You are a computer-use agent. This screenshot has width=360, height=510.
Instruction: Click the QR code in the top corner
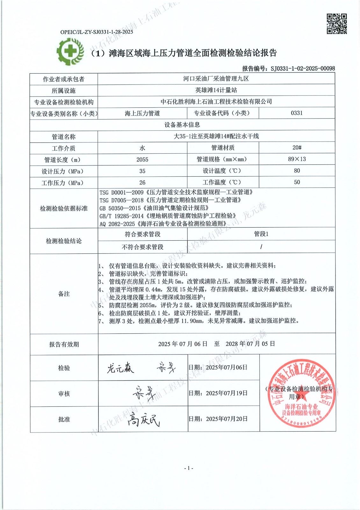pyautogui.click(x=337, y=24)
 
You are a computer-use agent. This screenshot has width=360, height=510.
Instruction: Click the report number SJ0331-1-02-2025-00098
pyautogui.click(x=302, y=68)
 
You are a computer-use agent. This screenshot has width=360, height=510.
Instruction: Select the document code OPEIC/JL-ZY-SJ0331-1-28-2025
pyautogui.click(x=97, y=32)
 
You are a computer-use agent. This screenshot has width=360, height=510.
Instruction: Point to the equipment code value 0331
pyautogui.click(x=297, y=113)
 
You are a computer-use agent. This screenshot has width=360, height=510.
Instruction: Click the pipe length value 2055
pyautogui.click(x=142, y=159)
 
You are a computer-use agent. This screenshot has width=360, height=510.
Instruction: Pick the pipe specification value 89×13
pyautogui.click(x=297, y=159)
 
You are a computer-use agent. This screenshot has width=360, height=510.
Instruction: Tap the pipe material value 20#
pyautogui.click(x=297, y=148)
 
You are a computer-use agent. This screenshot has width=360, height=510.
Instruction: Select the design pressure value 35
pyautogui.click(x=142, y=171)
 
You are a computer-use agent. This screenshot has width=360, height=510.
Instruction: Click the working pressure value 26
pyautogui.click(x=142, y=183)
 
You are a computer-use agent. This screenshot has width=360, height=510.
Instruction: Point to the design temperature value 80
pyautogui.click(x=297, y=171)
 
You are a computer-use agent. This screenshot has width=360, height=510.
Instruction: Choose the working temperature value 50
pyautogui.click(x=297, y=182)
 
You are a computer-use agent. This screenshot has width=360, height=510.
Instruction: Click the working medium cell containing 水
pyautogui.click(x=142, y=148)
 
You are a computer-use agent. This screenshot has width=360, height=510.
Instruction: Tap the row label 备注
pyautogui.click(x=64, y=294)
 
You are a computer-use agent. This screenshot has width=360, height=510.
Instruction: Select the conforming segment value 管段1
pyautogui.click(x=261, y=234)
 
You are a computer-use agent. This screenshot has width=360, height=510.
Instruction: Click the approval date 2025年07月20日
pyautogui.click(x=227, y=419)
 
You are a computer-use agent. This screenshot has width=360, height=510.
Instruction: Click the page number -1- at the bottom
pyautogui.click(x=189, y=468)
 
